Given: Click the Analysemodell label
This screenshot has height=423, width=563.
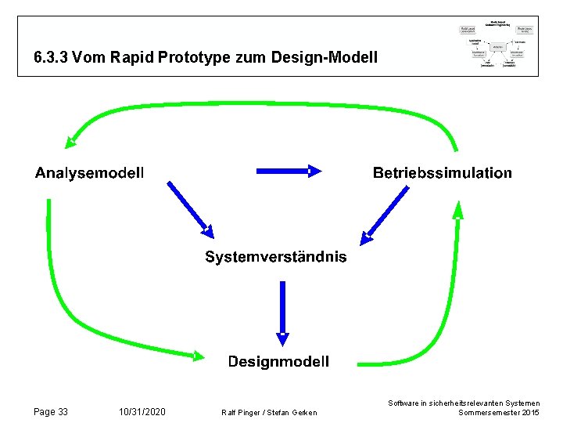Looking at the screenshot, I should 89,173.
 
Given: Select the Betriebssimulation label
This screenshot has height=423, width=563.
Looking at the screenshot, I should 443,173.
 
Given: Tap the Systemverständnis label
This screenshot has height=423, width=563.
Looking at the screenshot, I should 276,257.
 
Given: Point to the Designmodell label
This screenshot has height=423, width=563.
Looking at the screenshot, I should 278,361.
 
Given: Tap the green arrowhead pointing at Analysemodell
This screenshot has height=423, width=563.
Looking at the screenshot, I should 71,141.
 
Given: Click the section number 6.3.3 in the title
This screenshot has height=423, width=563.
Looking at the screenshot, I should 51,58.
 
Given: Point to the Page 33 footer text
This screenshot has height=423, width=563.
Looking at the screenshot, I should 52,412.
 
